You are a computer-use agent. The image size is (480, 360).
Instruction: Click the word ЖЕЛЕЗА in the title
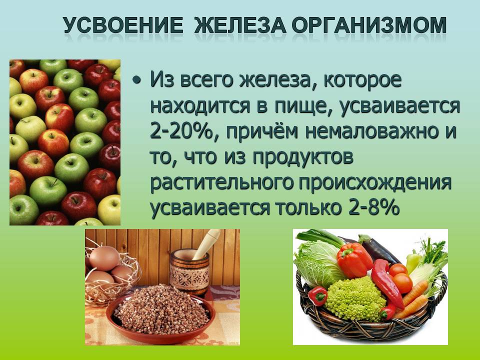pyautogui.click(x=240, y=25)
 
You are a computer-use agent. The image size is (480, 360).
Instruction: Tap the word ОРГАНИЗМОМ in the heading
pyautogui.click(x=369, y=25)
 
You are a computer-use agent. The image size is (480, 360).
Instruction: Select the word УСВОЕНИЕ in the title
pyautogui.click(x=123, y=25)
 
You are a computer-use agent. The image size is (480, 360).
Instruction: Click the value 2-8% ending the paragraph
pyautogui.click(x=374, y=208)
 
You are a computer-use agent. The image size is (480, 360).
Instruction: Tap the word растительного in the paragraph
pyautogui.click(x=221, y=183)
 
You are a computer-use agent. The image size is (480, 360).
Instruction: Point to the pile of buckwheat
pyautogui.click(x=161, y=309)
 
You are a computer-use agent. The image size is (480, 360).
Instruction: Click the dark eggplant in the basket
pyautogui.click(x=375, y=248)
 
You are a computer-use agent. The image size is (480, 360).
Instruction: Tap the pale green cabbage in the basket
pyautogui.click(x=317, y=263)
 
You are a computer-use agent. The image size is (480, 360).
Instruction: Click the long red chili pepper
pyautogui.click(x=386, y=283)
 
